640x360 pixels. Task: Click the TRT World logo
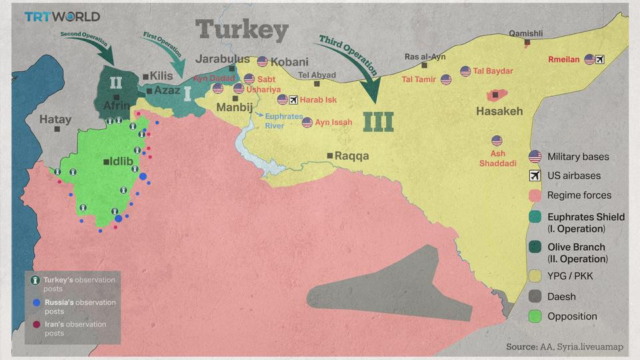[x=62, y=17]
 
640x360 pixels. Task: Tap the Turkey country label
[x=242, y=31]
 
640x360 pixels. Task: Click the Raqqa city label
[x=351, y=156]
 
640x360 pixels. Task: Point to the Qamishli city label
[x=526, y=33]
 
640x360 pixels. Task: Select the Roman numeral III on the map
[x=378, y=121]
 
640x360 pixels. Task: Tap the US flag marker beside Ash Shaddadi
[x=497, y=141]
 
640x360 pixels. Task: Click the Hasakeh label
[x=499, y=111]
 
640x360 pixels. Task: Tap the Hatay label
[x=55, y=120]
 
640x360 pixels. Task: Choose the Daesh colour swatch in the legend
[x=534, y=297]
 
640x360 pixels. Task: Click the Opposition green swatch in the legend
[x=534, y=317]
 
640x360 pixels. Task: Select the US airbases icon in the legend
[x=534, y=176]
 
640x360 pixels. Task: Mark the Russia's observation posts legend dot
[x=37, y=302]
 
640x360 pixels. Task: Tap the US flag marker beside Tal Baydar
[x=465, y=71]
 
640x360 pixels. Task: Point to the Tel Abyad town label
[x=317, y=75]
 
